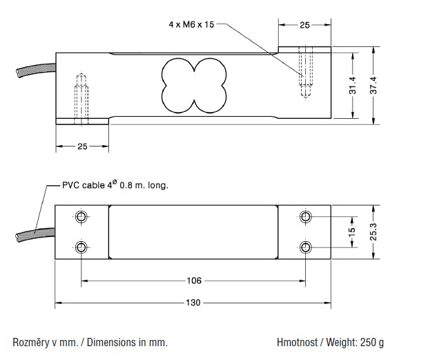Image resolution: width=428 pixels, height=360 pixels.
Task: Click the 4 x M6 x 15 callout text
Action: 192,24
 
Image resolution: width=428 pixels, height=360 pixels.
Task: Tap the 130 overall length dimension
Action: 194,303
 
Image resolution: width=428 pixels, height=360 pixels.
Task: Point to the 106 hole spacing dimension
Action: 194,281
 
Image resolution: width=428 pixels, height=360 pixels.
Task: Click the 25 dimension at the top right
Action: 305,24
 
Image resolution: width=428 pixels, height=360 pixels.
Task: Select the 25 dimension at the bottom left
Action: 82,146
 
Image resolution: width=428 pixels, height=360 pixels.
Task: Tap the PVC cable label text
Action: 115,185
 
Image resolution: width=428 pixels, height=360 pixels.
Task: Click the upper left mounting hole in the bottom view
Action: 82,217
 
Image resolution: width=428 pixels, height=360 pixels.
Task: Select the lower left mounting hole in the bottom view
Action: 82,247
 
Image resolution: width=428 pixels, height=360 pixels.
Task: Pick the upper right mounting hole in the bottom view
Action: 307,217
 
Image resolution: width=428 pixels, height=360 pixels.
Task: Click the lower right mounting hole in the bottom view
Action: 307,247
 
